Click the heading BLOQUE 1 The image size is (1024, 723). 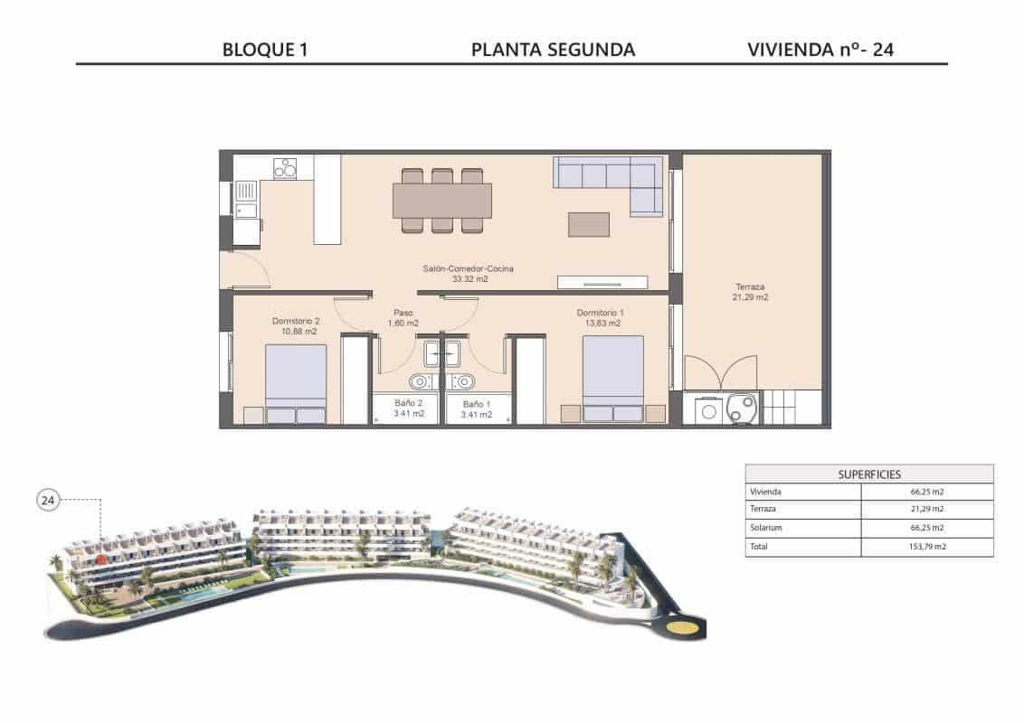click(x=265, y=50)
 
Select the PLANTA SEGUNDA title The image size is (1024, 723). click(x=553, y=50)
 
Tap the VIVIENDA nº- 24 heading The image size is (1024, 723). click(x=820, y=50)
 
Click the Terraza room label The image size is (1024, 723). click(x=750, y=287)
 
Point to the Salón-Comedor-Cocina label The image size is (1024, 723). click(x=469, y=268)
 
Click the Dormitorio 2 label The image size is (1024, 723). click(x=297, y=321)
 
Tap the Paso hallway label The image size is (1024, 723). click(x=403, y=313)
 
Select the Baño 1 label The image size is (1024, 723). click(x=476, y=404)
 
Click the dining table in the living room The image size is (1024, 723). click(x=442, y=201)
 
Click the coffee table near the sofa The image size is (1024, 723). click(x=588, y=223)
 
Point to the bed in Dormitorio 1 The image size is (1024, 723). click(x=612, y=377)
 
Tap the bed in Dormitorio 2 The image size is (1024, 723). click(x=296, y=383)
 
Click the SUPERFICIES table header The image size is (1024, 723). click(x=868, y=474)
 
